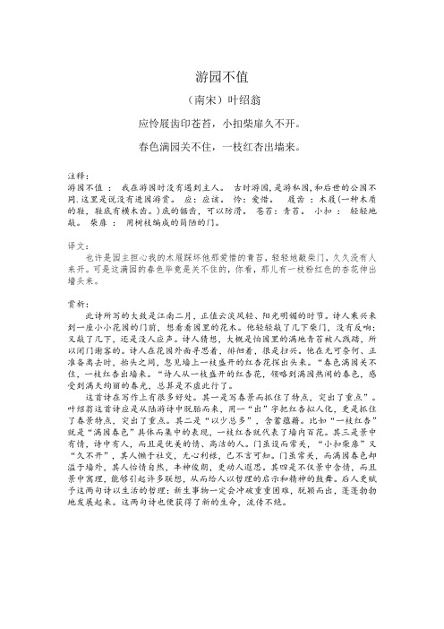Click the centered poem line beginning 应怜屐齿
[x=221, y=121]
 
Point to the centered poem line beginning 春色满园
[x=221, y=143]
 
